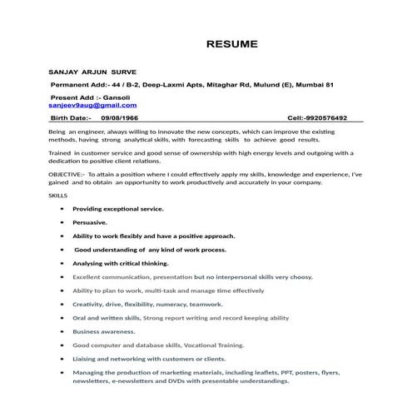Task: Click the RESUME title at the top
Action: click(232, 43)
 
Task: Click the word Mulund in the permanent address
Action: click(259, 85)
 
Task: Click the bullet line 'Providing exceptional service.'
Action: click(117, 208)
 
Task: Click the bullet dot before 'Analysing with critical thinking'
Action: click(62, 262)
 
